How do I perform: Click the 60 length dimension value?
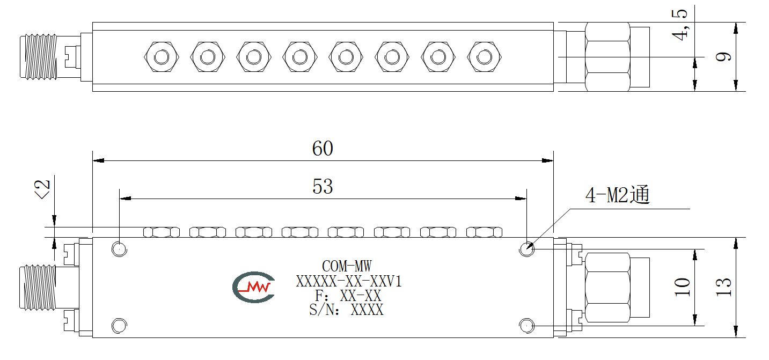click(323, 149)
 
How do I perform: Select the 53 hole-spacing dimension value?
click(323, 187)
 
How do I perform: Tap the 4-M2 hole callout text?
click(618, 195)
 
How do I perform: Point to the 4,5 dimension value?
click(680, 25)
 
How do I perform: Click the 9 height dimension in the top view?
click(723, 57)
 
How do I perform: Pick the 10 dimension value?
click(682, 287)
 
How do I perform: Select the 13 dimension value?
click(723, 287)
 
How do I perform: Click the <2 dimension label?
click(42, 189)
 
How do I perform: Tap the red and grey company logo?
click(254, 287)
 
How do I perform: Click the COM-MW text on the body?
click(347, 266)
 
